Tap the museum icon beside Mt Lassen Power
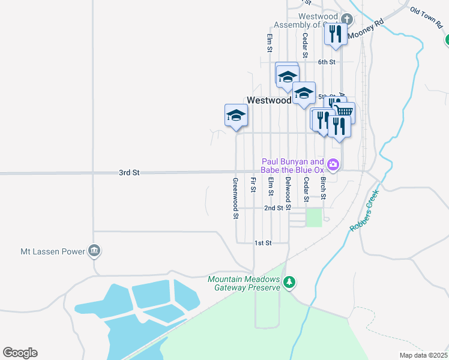click(x=94, y=251)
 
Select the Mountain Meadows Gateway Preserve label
click(x=244, y=283)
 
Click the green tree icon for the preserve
click(x=290, y=282)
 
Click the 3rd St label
click(x=129, y=173)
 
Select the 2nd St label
click(x=274, y=208)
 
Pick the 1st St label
click(x=263, y=243)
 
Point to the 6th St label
click(x=327, y=62)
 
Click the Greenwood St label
click(x=236, y=199)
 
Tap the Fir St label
click(x=253, y=185)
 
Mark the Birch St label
click(x=323, y=188)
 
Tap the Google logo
click(x=20, y=353)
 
